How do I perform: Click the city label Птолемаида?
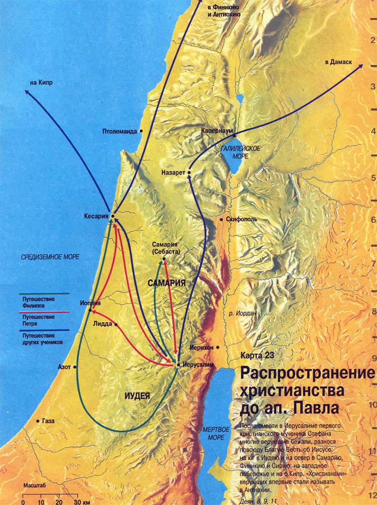120,132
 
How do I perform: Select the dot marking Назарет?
188,173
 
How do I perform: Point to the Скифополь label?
241,219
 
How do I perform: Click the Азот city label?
64,366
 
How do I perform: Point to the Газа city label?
48,421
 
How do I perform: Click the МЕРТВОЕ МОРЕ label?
214,433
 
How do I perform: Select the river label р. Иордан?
243,313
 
